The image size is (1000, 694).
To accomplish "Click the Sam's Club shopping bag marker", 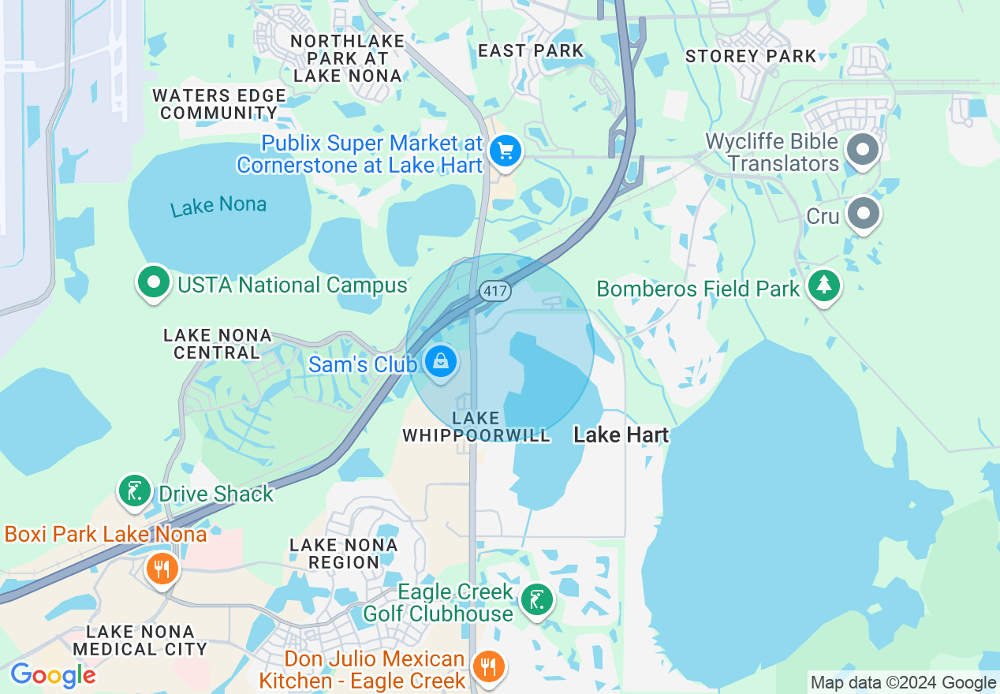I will click(x=441, y=362).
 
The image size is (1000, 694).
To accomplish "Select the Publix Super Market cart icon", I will click(x=505, y=151).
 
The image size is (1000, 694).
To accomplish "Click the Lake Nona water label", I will click(x=218, y=207).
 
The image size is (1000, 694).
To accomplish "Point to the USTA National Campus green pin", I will click(x=154, y=282).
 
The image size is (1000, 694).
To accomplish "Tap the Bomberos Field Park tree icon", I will click(x=824, y=285).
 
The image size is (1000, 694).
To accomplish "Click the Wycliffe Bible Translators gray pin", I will click(x=863, y=148).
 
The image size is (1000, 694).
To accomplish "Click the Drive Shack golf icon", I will click(x=134, y=491).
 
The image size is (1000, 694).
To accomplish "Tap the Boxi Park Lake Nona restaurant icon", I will click(x=162, y=568).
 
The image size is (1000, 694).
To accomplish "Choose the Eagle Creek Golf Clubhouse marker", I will click(x=536, y=601).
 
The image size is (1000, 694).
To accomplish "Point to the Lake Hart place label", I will click(x=621, y=435).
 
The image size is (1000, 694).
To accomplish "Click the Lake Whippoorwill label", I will click(x=476, y=427).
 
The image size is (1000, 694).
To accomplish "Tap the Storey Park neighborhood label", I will click(x=751, y=56).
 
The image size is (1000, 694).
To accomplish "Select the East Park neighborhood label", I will click(x=531, y=50).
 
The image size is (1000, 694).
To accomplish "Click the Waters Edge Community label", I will click(x=218, y=104).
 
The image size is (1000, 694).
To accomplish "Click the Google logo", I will click(x=53, y=675).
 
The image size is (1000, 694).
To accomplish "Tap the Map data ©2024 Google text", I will click(x=903, y=683).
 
